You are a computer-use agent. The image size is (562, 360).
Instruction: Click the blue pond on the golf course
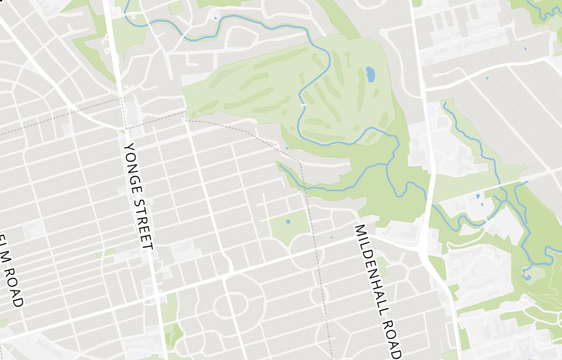coord(370,74)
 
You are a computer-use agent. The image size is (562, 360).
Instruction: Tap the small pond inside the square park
coord(288,222)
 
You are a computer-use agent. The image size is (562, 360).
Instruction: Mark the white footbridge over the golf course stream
coord(303,105)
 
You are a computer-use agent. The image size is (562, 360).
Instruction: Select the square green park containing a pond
coord(289,228)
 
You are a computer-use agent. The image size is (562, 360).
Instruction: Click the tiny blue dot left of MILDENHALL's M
coord(331,237)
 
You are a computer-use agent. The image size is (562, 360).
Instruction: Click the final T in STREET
coord(148,245)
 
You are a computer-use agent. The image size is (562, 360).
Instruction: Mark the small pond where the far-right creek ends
coord(527,276)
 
